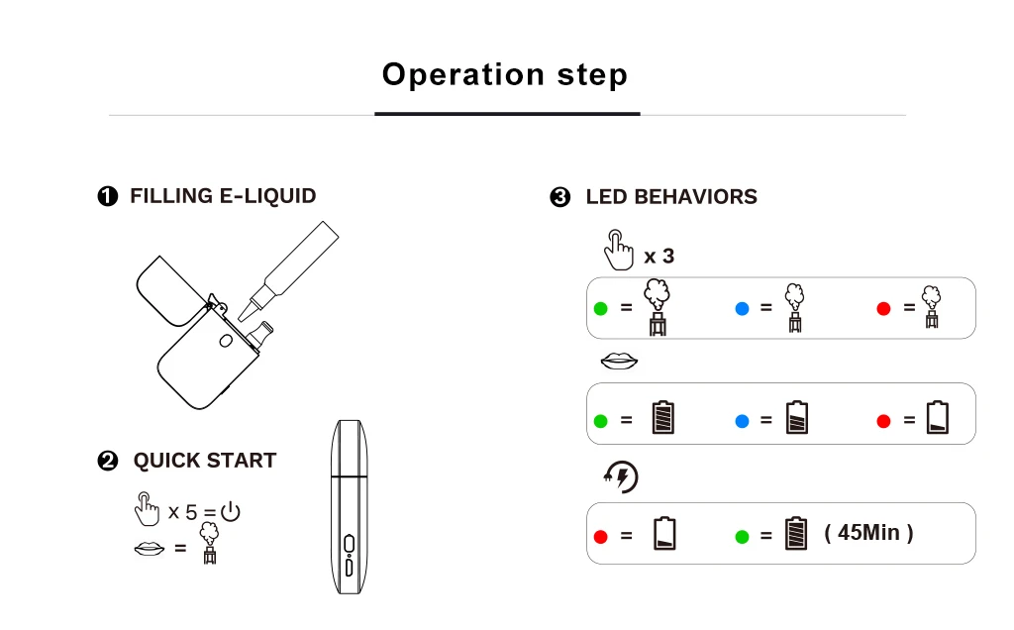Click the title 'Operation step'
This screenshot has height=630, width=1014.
505,75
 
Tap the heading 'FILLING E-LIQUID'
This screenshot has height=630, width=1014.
223,196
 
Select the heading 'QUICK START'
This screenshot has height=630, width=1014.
205,461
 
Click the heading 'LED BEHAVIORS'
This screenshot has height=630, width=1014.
671,197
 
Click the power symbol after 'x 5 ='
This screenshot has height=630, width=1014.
231,512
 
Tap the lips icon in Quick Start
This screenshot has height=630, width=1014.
149,547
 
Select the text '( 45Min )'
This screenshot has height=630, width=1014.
868,533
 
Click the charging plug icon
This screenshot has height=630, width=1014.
621,477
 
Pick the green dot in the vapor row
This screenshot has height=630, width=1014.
600,308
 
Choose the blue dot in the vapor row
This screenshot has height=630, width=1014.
742,308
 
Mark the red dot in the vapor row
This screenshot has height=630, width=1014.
883,308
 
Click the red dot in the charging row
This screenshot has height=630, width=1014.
600,536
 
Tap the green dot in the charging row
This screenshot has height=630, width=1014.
742,536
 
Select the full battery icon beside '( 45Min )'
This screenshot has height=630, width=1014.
796,534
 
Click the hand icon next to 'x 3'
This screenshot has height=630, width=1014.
619,250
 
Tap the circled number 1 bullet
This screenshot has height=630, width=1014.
108,196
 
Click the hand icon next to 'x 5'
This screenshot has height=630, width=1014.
147,509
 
